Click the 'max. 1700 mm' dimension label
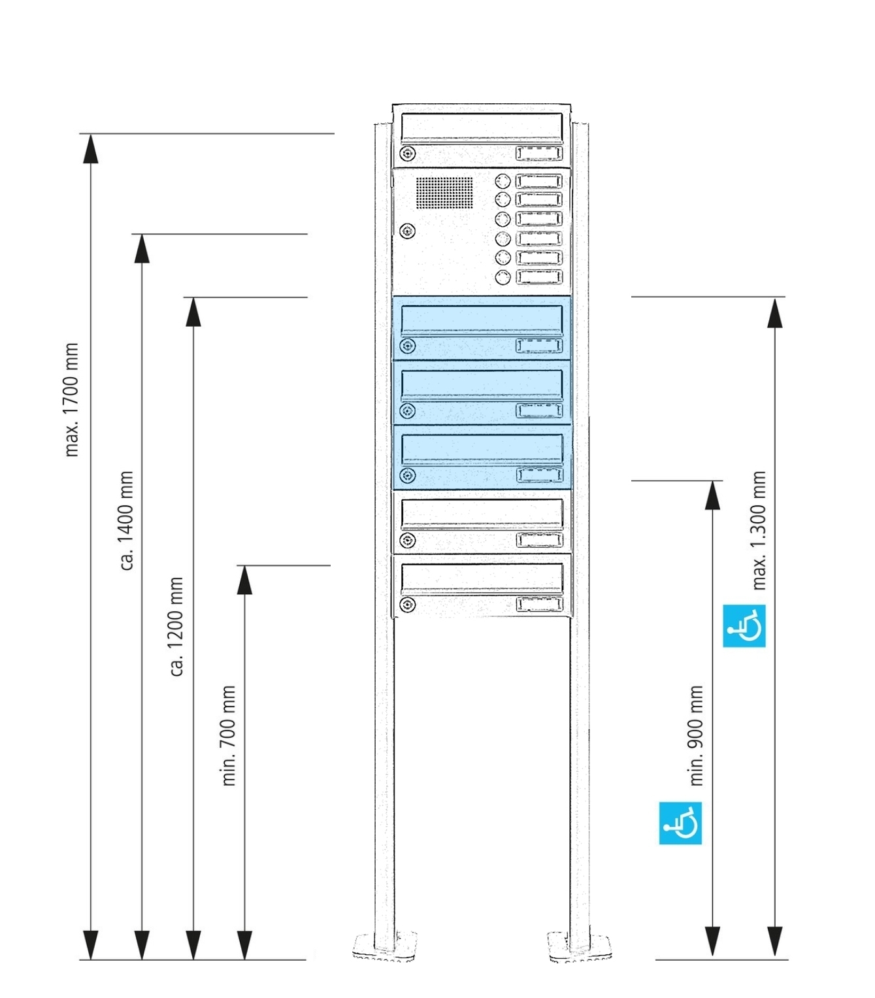click(72, 399)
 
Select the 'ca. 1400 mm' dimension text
click(127, 520)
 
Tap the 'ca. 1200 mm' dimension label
click(176, 626)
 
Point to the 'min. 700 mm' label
click(228, 735)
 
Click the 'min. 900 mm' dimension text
click(697, 735)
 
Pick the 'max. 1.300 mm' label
click(759, 530)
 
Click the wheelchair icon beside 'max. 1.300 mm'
click(744, 626)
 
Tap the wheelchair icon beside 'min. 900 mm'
click(680, 823)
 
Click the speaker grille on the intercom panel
click(444, 193)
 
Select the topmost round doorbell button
click(503, 181)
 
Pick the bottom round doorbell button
click(503, 278)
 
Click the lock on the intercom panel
click(408, 231)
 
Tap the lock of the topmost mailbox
click(408, 154)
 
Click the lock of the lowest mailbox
click(408, 605)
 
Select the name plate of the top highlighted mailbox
click(539, 346)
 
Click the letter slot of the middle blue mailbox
click(482, 384)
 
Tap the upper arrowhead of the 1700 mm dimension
click(90, 148)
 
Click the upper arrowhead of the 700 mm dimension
click(244, 580)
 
